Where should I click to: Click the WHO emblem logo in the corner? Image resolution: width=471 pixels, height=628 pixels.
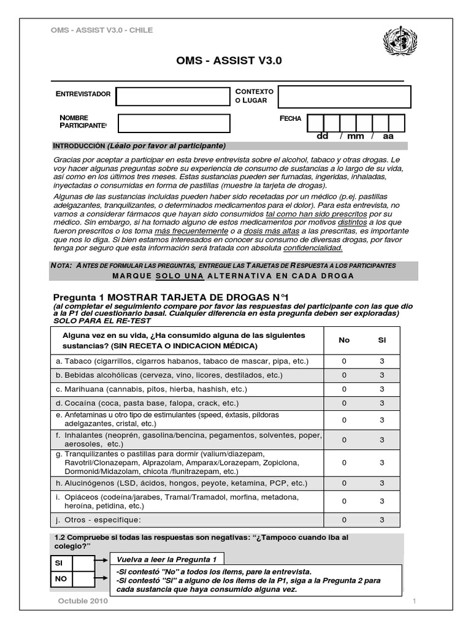tap(399, 43)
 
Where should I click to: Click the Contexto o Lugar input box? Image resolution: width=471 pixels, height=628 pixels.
tap(344, 96)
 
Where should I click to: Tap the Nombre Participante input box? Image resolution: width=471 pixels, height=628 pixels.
tap(174, 123)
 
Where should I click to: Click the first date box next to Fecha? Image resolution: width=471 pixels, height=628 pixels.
tap(315, 123)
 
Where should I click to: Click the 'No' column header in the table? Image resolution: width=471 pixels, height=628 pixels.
tap(344, 340)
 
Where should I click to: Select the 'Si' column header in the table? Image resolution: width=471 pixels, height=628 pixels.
tap(382, 340)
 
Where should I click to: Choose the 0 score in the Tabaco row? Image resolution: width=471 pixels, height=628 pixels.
tap(344, 361)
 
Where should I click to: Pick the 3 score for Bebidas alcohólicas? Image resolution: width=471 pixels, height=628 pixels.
tap(382, 375)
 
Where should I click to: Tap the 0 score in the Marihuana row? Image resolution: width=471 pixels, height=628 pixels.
tap(344, 389)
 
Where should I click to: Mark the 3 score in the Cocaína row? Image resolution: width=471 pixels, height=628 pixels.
tap(382, 404)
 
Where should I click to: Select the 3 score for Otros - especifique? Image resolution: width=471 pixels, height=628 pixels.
tap(382, 520)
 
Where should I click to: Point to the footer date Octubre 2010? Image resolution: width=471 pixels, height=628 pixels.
tap(83, 602)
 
